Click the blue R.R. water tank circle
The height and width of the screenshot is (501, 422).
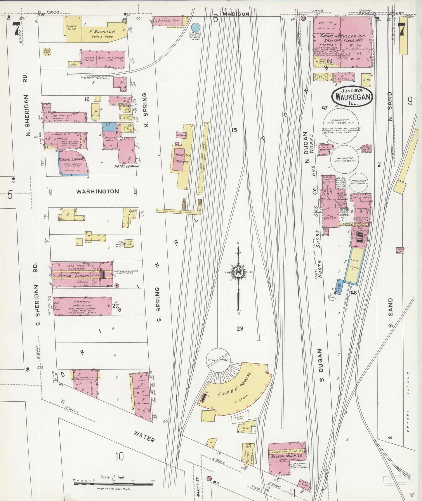195,27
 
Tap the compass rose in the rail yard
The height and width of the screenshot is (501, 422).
239,272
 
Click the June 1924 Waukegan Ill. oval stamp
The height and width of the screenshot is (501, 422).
352,97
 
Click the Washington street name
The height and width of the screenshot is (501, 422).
98,191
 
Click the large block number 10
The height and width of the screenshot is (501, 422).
120,456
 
